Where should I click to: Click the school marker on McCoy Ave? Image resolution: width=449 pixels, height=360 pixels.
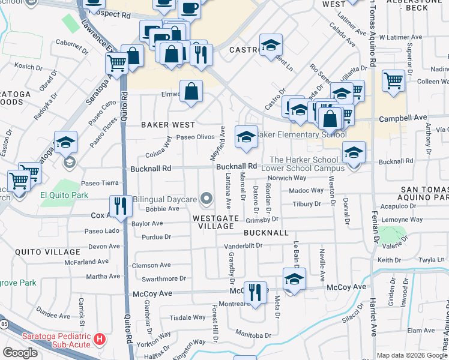tap(294, 279)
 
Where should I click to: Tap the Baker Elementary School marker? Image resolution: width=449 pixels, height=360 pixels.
tap(246, 137)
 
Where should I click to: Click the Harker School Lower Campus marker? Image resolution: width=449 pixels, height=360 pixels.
tap(354, 152)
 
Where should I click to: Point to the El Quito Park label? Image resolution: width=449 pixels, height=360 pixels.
tap(64, 195)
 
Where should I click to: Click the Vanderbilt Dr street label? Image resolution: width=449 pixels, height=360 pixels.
tap(244, 246)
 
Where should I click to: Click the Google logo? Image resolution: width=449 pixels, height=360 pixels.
tap(20, 353)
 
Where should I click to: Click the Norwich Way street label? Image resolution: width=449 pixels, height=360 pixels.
tap(288, 178)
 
